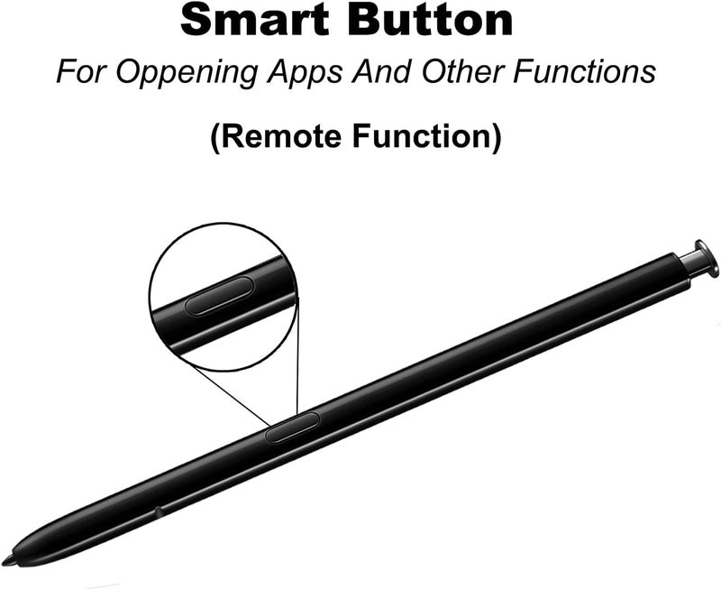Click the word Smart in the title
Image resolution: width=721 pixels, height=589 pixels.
254,20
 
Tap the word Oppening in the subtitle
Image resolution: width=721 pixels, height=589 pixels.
187,73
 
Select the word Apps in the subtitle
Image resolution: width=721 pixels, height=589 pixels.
305,73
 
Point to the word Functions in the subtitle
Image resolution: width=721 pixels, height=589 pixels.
584,72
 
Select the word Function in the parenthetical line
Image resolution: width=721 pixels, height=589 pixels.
422,137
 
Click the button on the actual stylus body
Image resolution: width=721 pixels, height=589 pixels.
292,428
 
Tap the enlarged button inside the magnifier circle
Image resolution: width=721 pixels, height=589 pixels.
219,296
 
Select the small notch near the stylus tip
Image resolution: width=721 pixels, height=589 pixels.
159,511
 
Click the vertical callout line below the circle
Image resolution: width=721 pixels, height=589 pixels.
297,354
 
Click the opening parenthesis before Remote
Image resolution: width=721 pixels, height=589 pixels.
215,138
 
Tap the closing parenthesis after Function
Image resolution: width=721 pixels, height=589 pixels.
497,138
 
